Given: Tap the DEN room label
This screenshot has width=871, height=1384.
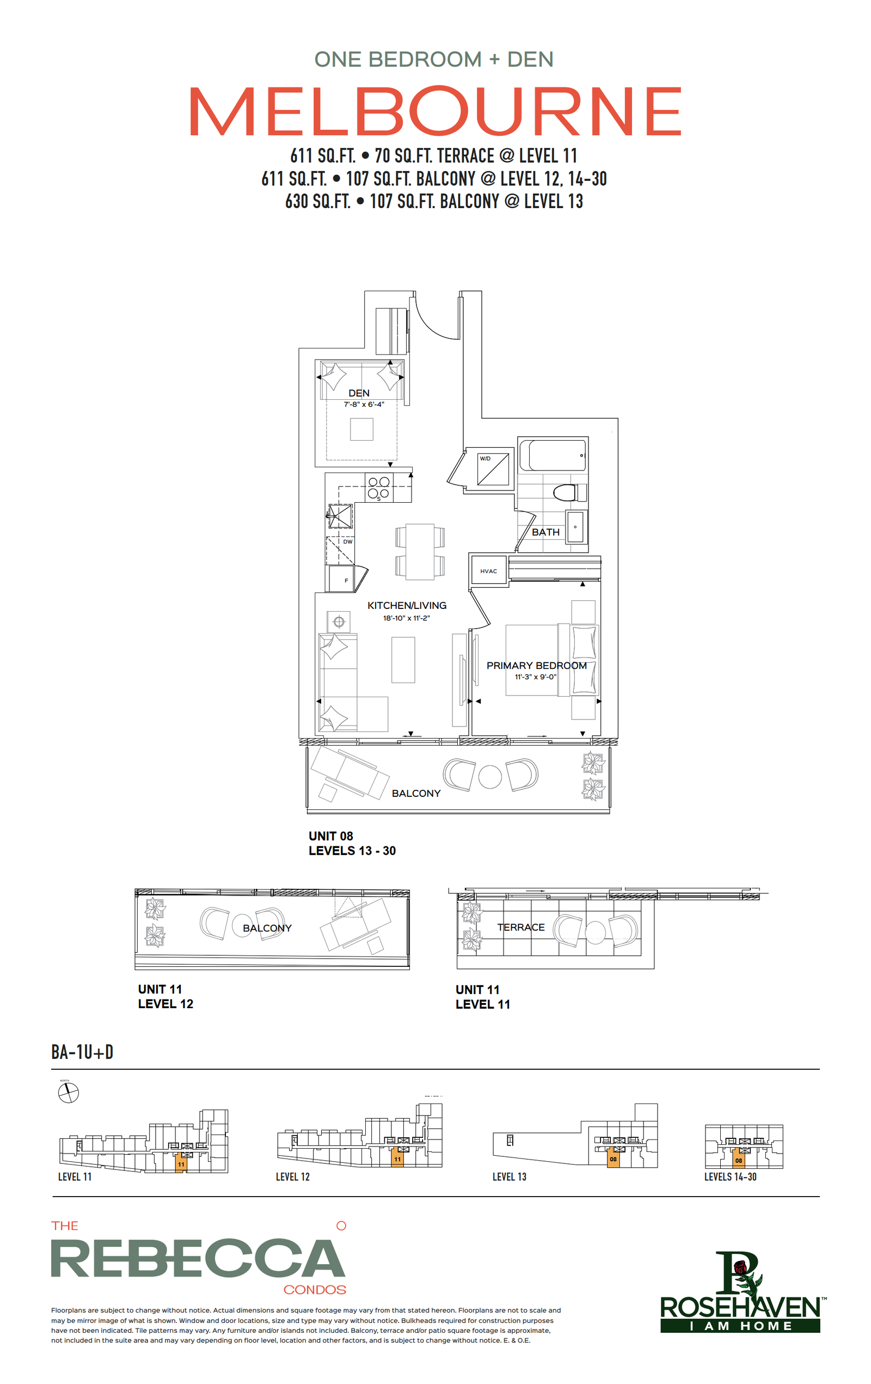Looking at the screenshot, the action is [359, 393].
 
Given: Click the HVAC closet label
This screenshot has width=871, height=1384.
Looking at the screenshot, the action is [488, 571].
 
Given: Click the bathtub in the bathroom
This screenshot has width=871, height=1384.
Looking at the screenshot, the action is [553, 456].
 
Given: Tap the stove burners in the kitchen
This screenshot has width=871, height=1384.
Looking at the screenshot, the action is [379, 487].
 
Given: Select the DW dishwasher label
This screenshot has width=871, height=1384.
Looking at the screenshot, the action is [348, 542].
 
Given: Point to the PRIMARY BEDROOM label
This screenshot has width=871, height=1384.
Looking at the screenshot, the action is [537, 666].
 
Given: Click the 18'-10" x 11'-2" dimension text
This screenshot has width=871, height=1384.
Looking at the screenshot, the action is [406, 618].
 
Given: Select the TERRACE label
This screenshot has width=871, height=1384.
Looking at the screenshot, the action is [520, 927].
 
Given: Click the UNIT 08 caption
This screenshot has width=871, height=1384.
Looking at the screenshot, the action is [331, 836].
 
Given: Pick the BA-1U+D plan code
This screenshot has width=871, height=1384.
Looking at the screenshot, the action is [82, 1052].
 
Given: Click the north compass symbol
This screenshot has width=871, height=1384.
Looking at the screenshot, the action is [69, 1093].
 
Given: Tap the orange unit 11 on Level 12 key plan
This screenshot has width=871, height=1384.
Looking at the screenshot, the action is [397, 1156].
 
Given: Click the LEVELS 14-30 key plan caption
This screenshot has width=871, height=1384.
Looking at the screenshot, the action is [730, 1176].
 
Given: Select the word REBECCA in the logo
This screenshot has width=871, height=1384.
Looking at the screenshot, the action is [198, 1258].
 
